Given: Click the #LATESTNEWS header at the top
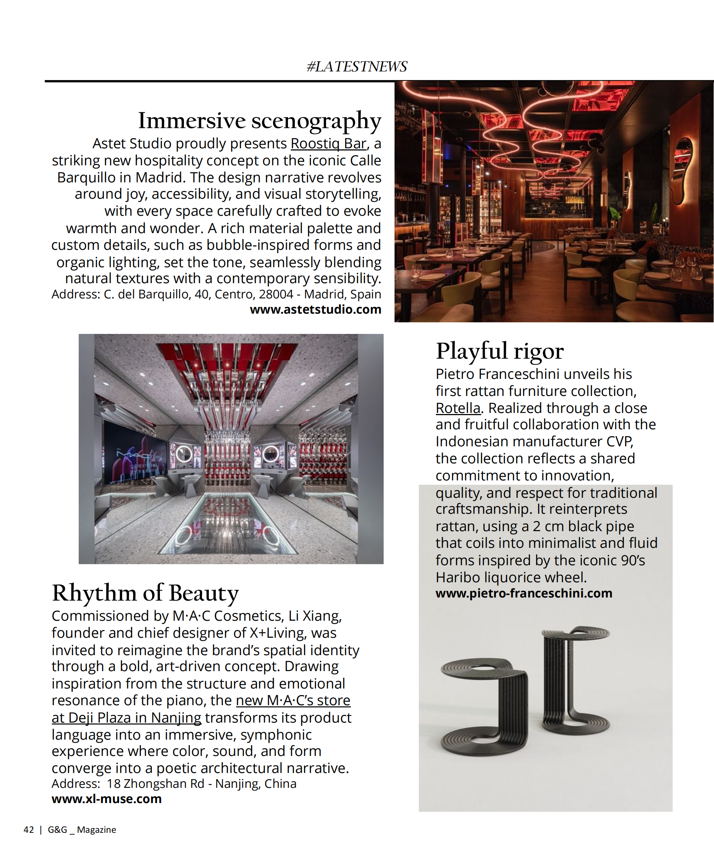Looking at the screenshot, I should point(356,66).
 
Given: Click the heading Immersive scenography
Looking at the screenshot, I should point(259,121).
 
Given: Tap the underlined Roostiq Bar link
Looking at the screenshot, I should point(328,144).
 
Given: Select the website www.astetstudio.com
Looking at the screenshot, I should point(315,309).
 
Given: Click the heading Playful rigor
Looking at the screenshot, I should point(500,351).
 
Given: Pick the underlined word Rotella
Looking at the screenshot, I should point(458,408).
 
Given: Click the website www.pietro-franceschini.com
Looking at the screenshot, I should point(524,593).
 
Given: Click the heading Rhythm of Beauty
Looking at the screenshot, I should point(145,593).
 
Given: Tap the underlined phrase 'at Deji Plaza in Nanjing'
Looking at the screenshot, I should point(127,718).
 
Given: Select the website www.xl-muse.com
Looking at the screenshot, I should point(106,799).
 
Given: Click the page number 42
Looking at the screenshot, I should point(29,830).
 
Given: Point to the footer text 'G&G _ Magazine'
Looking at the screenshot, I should point(82,830).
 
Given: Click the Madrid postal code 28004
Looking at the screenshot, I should point(276,294).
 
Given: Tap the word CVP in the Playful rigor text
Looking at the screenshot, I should point(619,442).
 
